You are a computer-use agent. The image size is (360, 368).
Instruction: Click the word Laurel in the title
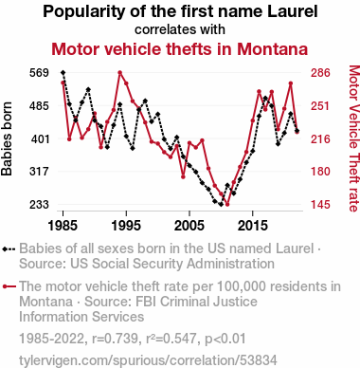[292, 11]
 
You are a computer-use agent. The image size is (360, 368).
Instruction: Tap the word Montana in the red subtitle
[272, 49]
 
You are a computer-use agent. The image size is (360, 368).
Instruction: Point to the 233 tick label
[39, 205]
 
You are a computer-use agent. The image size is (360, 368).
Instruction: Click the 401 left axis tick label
[41, 138]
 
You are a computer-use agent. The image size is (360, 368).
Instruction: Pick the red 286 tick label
[320, 73]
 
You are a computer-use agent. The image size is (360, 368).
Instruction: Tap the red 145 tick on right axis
[320, 205]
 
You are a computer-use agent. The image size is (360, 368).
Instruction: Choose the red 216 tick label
[320, 138]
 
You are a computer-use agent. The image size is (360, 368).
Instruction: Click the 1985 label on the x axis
[63, 226]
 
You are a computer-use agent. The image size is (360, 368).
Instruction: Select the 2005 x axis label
[189, 226]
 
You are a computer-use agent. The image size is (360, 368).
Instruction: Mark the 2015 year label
[253, 226]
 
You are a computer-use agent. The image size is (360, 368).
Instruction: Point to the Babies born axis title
[7, 138]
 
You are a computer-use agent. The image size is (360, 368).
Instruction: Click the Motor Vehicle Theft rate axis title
[354, 138]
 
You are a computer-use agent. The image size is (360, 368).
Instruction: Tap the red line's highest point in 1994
[120, 73]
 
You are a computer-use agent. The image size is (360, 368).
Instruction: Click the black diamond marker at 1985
[63, 73]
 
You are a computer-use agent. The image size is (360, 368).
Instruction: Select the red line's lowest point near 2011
[227, 204]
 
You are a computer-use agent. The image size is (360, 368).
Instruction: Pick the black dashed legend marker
[9, 249]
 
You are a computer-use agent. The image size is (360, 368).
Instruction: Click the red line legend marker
[9, 286]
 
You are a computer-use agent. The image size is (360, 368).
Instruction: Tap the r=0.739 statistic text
[115, 339]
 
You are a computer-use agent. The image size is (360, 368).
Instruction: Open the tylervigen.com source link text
[148, 360]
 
